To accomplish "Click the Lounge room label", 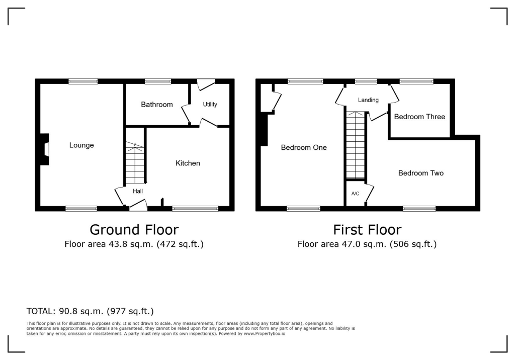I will click(x=81, y=145).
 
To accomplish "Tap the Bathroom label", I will click(x=156, y=105).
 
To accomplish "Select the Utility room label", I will click(x=210, y=105).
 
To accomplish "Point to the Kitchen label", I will click(x=188, y=163).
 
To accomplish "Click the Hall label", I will click(x=138, y=191).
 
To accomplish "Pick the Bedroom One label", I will click(x=304, y=147).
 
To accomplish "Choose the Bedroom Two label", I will click(x=420, y=173).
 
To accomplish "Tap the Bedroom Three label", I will click(x=419, y=117).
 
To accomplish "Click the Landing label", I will click(x=368, y=100).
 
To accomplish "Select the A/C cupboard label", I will click(x=355, y=194).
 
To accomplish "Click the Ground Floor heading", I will click(x=134, y=230).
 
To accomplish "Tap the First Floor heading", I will click(x=367, y=230).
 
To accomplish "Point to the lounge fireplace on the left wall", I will click(x=45, y=149).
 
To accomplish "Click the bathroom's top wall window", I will click(x=157, y=81).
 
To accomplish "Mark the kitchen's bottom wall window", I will click(x=195, y=208).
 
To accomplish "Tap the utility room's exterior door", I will click(x=206, y=83).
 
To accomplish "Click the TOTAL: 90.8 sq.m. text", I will click(x=90, y=311).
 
